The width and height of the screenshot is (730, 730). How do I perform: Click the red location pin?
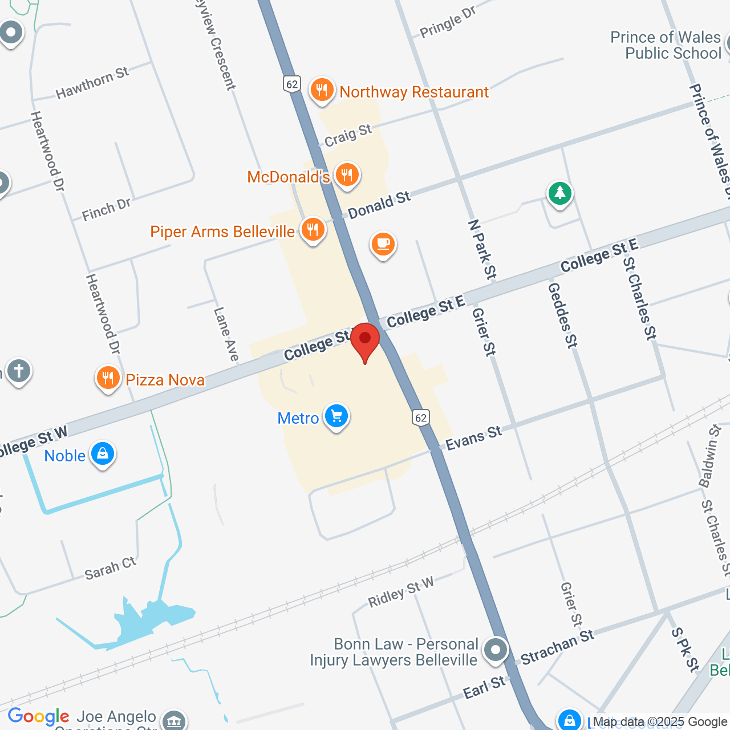tap(365, 339)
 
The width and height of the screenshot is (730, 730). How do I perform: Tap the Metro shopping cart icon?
tap(336, 416)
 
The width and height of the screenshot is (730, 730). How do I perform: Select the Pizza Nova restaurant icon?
tap(108, 378)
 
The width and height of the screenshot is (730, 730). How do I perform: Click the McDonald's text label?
tap(288, 177)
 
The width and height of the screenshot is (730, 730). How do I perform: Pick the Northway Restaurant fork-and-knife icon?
tap(322, 90)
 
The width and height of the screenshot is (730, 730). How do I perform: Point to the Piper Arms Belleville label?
tap(222, 232)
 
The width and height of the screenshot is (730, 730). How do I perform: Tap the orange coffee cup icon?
tap(383, 244)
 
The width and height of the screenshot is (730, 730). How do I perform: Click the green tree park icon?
tap(560, 193)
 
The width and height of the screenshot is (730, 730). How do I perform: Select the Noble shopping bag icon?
tap(103, 454)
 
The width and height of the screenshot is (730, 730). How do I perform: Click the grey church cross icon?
tap(18, 371)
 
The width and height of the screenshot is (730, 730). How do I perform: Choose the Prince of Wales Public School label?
tap(666, 45)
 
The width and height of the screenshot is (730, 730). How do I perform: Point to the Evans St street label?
tap(473, 438)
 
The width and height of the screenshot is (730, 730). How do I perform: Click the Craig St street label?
tap(348, 136)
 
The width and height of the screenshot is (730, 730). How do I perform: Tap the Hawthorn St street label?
tap(92, 83)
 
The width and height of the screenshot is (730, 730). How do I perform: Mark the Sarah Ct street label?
tap(111, 568)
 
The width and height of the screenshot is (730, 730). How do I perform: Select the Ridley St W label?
tap(400, 592)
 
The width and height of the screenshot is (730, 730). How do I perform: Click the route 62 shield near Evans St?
tap(421, 417)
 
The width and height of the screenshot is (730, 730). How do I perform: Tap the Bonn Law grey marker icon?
tap(495, 650)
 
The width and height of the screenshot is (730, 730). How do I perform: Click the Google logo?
tap(38, 716)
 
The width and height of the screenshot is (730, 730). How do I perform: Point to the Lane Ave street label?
tap(226, 334)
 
